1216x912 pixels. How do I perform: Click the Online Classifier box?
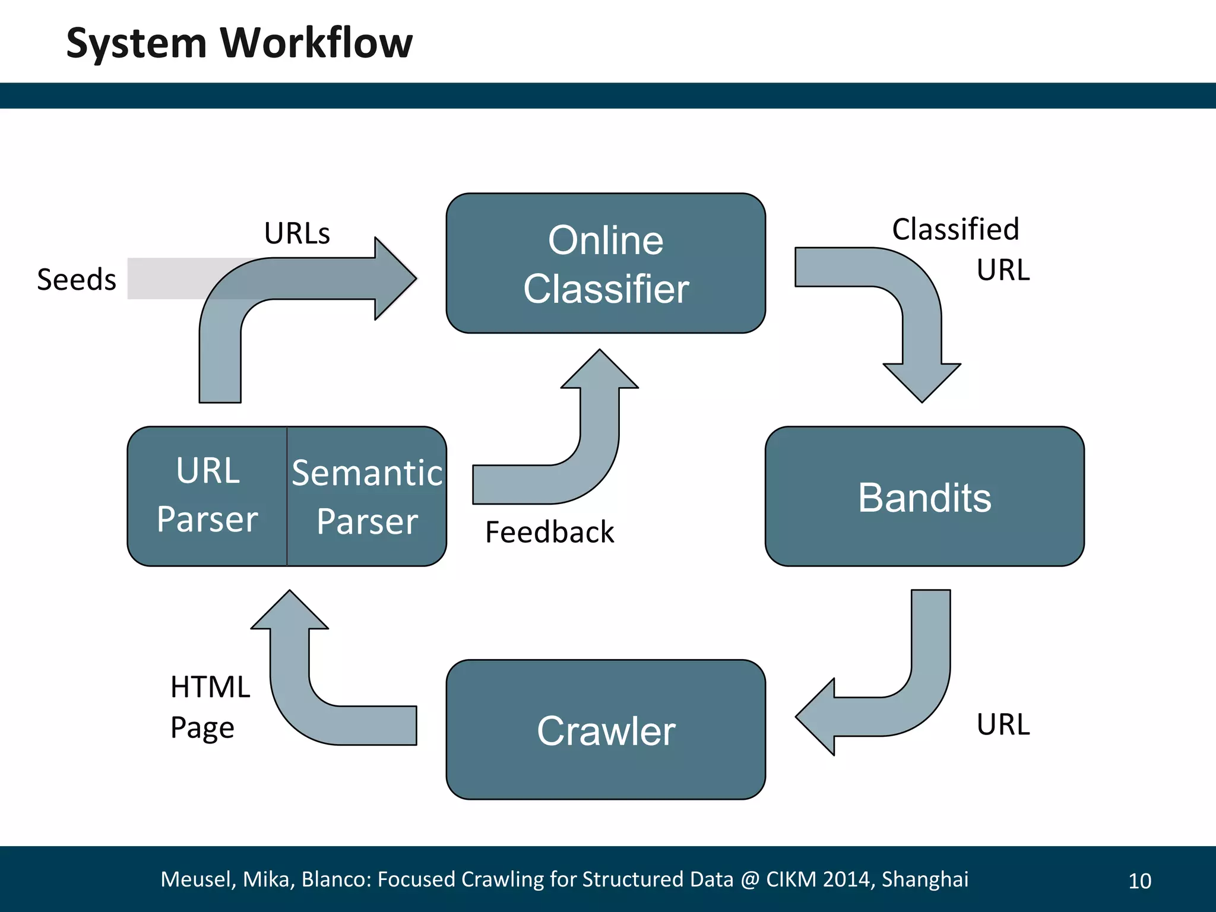606,263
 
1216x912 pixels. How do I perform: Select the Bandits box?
924,496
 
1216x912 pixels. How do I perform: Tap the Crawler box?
606,730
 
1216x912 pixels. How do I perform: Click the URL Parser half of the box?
207,495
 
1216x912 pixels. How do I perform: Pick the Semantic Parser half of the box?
367,496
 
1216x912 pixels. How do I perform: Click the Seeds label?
77,279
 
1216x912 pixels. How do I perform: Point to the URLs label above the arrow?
297,233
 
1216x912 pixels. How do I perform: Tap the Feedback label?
549,531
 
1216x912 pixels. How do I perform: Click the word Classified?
955,229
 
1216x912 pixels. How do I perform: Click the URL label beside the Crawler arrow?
1003,724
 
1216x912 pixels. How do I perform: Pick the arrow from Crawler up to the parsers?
297,695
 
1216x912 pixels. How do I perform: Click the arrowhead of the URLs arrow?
395,278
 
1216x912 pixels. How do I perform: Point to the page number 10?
1139,881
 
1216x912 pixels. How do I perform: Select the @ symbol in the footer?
750,879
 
